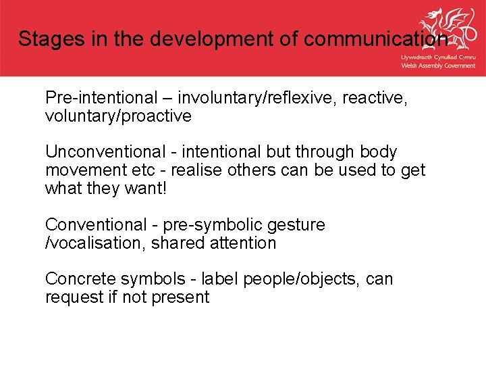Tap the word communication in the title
(x=375, y=39)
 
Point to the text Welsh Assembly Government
(x=438, y=66)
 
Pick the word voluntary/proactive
(x=118, y=116)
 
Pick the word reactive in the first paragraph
(x=375, y=98)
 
